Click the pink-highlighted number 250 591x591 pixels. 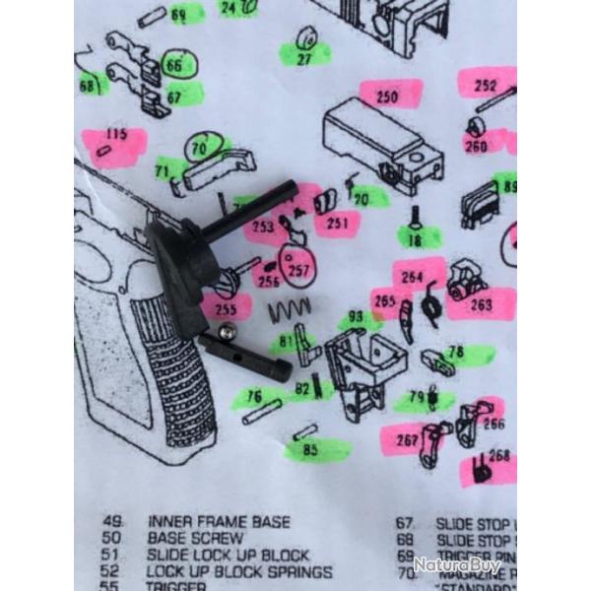[x=387, y=97]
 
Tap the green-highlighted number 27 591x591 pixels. [x=304, y=58]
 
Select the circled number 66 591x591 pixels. [x=174, y=65]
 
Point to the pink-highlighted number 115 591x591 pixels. [x=116, y=135]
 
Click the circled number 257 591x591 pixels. [x=295, y=268]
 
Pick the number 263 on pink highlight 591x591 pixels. [x=482, y=304]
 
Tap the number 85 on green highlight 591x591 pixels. [x=311, y=450]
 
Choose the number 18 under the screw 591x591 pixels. [x=416, y=238]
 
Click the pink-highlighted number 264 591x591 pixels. [x=412, y=277]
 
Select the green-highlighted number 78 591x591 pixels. [x=456, y=352]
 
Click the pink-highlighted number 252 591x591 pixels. [x=486, y=86]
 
